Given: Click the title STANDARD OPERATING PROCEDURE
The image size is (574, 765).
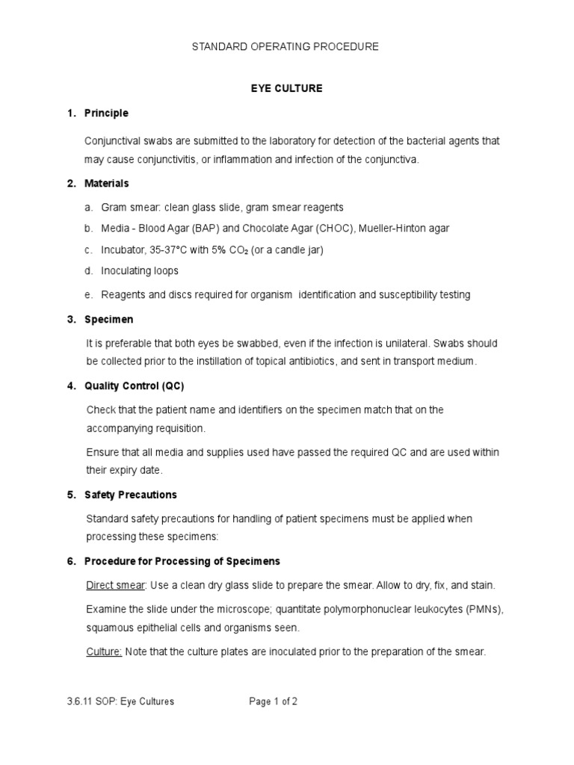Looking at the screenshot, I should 286,46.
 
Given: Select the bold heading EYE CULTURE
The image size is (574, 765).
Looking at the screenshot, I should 286,88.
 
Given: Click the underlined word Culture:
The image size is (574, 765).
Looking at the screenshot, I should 104,651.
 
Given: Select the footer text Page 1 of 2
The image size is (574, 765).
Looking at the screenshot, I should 273,701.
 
